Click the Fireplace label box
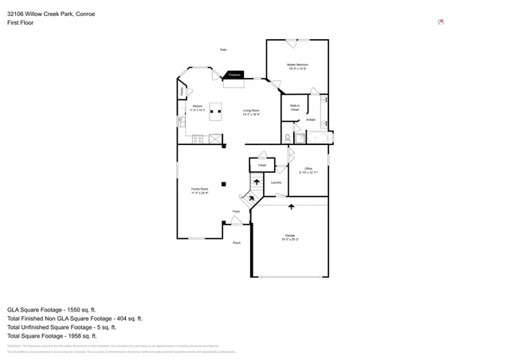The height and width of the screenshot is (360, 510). click(x=234, y=75)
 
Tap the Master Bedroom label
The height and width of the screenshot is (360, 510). click(x=297, y=66)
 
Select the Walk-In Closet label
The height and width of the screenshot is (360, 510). click(x=295, y=108)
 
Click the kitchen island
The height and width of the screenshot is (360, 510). click(x=215, y=115)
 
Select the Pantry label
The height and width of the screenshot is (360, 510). click(x=182, y=92)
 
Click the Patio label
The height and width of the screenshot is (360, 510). click(x=224, y=50)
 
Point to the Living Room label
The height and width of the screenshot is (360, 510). click(x=251, y=112)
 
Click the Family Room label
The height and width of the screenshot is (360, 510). click(x=199, y=190)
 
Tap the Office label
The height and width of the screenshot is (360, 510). click(x=308, y=170)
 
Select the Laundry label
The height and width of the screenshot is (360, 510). click(x=276, y=182)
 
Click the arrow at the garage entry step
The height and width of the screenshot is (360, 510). click(x=291, y=206)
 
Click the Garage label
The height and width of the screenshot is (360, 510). click(x=290, y=237)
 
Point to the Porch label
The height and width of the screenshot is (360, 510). click(x=237, y=242)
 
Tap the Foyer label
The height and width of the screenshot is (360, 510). click(x=236, y=211)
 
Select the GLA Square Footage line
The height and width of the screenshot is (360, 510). click(x=51, y=309)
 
